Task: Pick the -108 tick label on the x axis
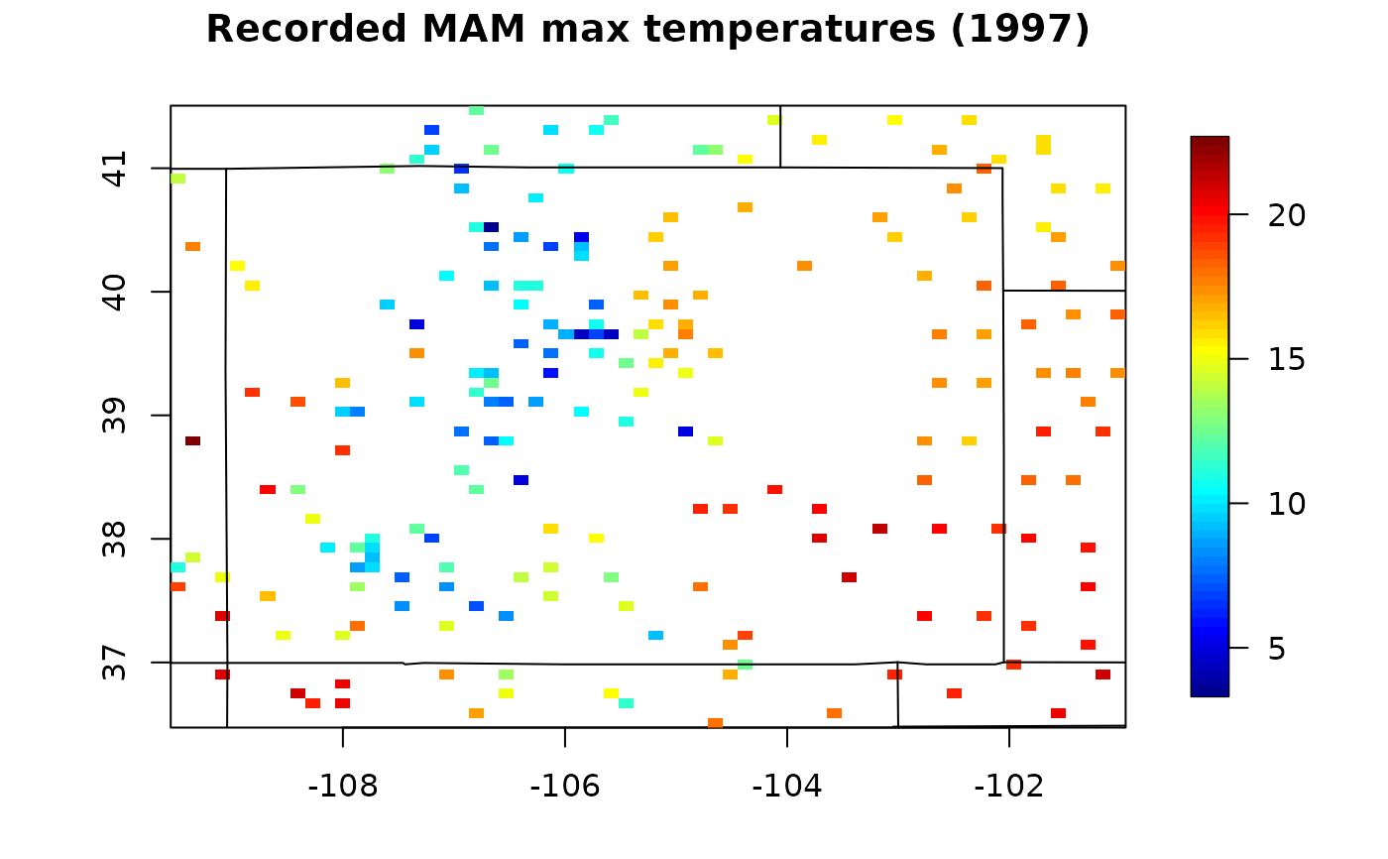click(x=342, y=787)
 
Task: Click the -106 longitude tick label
click(x=564, y=787)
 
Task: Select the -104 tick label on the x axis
click(x=786, y=787)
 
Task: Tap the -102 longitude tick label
click(x=1008, y=787)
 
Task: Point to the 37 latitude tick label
click(x=117, y=662)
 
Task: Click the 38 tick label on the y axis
click(x=117, y=539)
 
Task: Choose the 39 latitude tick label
click(x=117, y=415)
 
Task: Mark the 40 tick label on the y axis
click(x=117, y=292)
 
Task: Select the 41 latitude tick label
click(x=117, y=169)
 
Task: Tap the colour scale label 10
click(x=1287, y=504)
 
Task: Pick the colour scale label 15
click(x=1287, y=359)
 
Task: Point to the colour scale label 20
click(x=1287, y=214)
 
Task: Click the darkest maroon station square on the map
click(x=192, y=440)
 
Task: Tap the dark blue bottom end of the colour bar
click(x=1210, y=688)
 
